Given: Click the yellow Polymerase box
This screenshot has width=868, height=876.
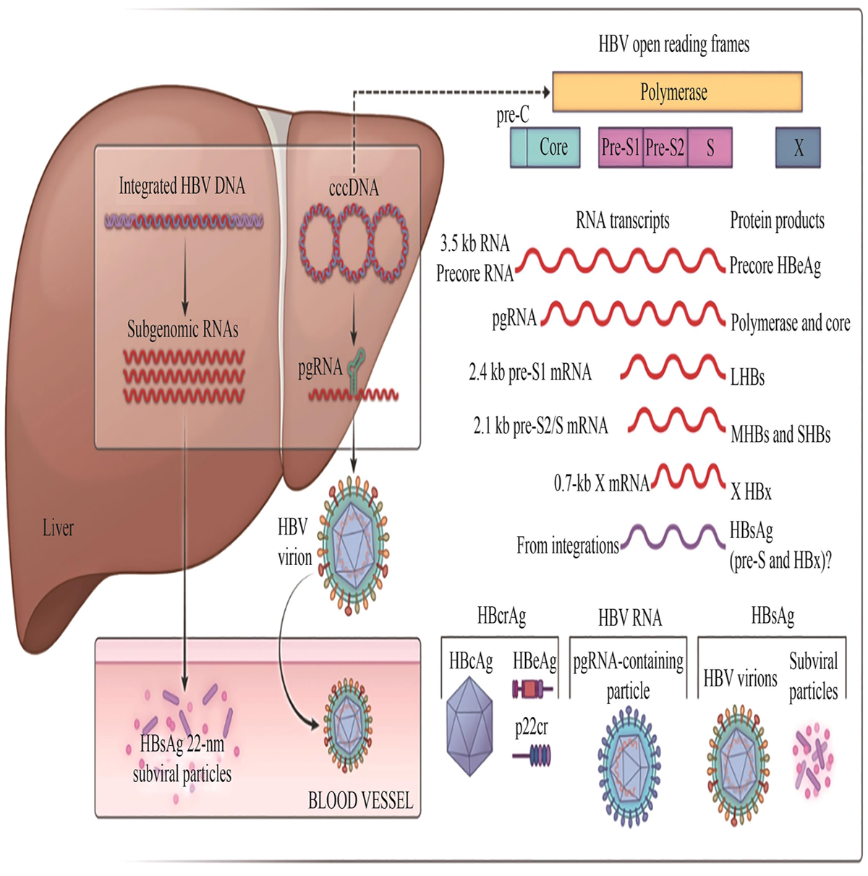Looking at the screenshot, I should pyautogui.click(x=677, y=92).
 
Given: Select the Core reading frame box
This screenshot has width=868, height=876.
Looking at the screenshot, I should pyautogui.click(x=553, y=148).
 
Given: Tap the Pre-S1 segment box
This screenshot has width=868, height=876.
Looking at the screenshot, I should pyautogui.click(x=621, y=148).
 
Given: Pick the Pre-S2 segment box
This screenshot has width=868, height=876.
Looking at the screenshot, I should pyautogui.click(x=665, y=148).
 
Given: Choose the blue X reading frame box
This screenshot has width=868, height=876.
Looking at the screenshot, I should pyautogui.click(x=798, y=148).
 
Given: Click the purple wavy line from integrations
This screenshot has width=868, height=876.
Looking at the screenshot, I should pyautogui.click(x=673, y=538).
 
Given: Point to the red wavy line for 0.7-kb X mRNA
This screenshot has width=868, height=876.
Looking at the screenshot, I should pyautogui.click(x=688, y=477).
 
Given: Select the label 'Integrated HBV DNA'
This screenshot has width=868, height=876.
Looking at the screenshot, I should pyautogui.click(x=182, y=187).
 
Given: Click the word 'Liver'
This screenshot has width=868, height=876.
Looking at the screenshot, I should pyautogui.click(x=58, y=528).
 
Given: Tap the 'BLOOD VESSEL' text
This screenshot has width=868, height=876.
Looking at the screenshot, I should pyautogui.click(x=360, y=801).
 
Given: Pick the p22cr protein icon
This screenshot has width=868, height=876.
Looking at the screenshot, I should pyautogui.click(x=532, y=757).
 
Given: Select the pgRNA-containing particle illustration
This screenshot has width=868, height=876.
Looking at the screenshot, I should pyautogui.click(x=628, y=765).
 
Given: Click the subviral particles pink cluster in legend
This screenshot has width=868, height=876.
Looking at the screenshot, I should pyautogui.click(x=813, y=760).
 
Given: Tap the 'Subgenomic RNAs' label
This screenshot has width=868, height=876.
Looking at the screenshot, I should pyautogui.click(x=183, y=330).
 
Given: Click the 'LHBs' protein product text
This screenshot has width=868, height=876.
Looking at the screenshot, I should pyautogui.click(x=747, y=377).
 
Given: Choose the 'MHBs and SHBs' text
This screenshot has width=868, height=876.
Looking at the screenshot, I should pyautogui.click(x=780, y=435).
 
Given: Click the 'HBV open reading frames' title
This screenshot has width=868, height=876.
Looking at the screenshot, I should pyautogui.click(x=673, y=45).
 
